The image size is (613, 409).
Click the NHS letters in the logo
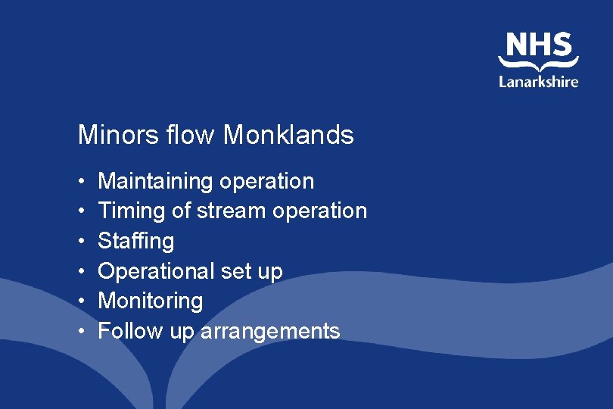[539, 45]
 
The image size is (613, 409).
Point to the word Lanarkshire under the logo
[539, 81]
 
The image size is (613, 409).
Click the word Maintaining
[155, 181]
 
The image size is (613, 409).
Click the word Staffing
[136, 241]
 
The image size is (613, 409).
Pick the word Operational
[155, 271]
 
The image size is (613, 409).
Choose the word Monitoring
[151, 301]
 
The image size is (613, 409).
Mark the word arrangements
[270, 332]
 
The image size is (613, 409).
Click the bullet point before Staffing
[80, 242]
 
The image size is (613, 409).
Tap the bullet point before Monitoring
[80, 301]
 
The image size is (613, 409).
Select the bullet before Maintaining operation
[80, 182]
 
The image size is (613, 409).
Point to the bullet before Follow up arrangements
[80, 332]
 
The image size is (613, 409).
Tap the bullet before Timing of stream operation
[80, 211]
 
